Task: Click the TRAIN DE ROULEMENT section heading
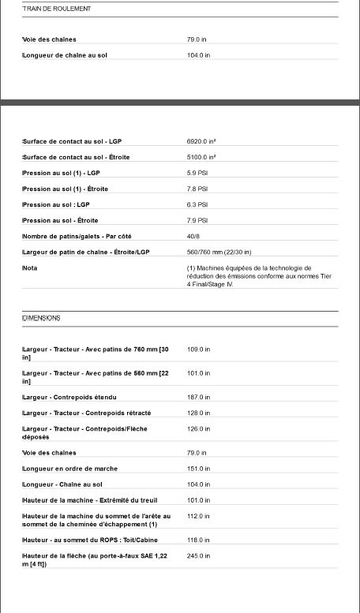[x=46, y=9]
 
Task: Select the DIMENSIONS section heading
[x=42, y=318]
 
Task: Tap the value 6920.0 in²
[x=201, y=141]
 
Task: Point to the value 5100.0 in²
[x=201, y=157]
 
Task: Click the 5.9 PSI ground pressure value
[x=197, y=173]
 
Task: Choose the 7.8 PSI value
[x=197, y=189]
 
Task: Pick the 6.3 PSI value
[x=197, y=204]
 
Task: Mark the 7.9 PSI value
[x=197, y=220]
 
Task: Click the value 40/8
[x=193, y=236]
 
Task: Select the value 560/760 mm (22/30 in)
[x=219, y=252]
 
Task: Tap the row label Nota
[x=29, y=267]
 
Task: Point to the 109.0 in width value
[x=198, y=349]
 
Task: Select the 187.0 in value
[x=198, y=397]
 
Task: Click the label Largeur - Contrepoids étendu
[x=69, y=397]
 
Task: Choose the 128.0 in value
[x=198, y=413]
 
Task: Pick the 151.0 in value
[x=198, y=469]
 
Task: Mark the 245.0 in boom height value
[x=198, y=556]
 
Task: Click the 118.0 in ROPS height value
[x=198, y=540]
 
